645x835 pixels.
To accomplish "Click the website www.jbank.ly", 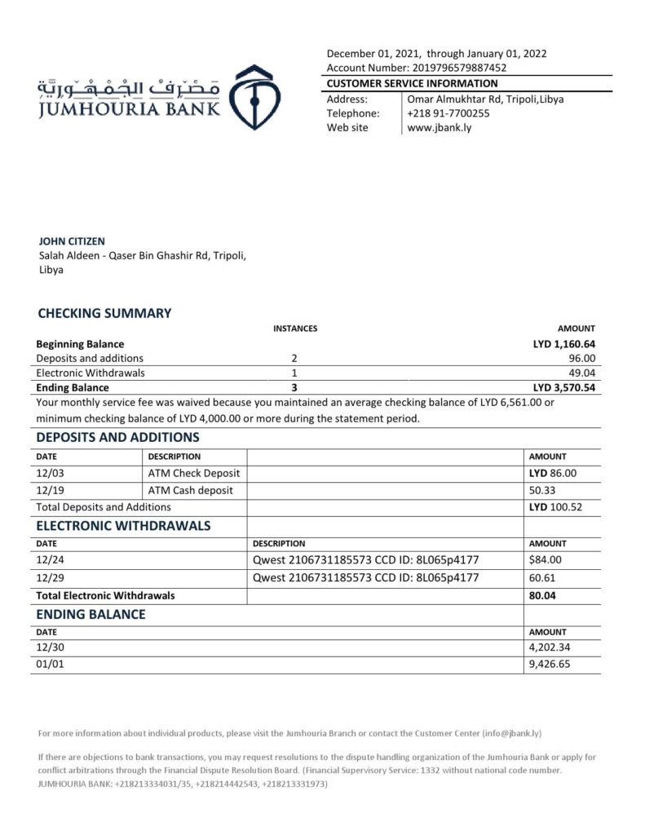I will coord(439,128).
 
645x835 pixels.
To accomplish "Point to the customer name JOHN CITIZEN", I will coord(73,241).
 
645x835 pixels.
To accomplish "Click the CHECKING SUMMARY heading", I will coord(105,313).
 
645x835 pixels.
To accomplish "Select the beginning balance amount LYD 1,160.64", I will coord(564,344).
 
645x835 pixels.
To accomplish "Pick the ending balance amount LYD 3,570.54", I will coord(564,388).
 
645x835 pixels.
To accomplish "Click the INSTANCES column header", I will coord(294,329).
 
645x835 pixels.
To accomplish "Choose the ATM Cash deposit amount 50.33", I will coord(544,490).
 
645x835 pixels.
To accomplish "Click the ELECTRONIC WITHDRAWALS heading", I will coord(124,525).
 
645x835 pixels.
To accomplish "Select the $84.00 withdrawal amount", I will coord(546,560).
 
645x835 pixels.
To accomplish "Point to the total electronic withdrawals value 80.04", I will coord(544,595).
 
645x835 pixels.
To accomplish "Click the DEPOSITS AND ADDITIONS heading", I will coord(118,438).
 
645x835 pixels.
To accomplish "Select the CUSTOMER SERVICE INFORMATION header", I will coord(412,83).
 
